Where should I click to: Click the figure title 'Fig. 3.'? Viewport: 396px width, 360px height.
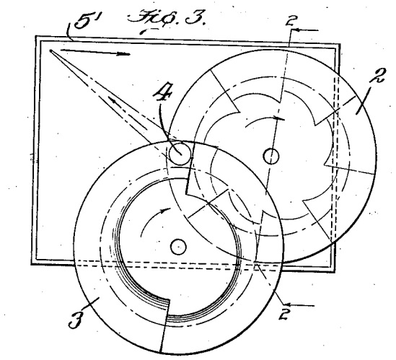pyautogui.click(x=166, y=19)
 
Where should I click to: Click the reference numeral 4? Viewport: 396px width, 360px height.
pyautogui.click(x=162, y=94)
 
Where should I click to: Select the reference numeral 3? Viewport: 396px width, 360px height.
pyautogui.click(x=75, y=320)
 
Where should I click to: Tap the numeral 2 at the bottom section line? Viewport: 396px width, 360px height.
pyautogui.click(x=285, y=314)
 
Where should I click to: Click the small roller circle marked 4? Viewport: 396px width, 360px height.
pyautogui.click(x=180, y=154)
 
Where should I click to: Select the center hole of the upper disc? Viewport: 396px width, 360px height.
pyautogui.click(x=271, y=156)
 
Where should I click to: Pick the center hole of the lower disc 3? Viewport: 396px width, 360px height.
pyautogui.click(x=178, y=247)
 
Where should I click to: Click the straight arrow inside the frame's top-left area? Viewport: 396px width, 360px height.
pyautogui.click(x=95, y=52)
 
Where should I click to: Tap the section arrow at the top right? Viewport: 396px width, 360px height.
pyautogui.click(x=305, y=30)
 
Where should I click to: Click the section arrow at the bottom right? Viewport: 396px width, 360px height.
pyautogui.click(x=299, y=305)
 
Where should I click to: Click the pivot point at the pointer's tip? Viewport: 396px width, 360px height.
pyautogui.click(x=50, y=51)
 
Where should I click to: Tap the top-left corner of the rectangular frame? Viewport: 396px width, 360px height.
pyautogui.click(x=35, y=36)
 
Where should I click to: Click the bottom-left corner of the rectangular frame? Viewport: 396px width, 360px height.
pyautogui.click(x=32, y=264)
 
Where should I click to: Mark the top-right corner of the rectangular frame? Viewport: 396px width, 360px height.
pyautogui.click(x=340, y=45)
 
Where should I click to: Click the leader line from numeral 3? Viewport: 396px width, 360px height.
pyautogui.click(x=91, y=303)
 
